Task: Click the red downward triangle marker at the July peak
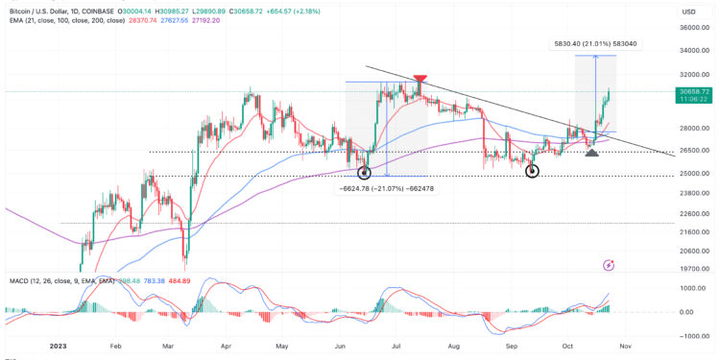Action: [420, 80]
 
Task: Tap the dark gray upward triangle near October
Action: [592, 153]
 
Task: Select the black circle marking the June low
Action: [364, 173]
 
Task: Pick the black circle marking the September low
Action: [533, 171]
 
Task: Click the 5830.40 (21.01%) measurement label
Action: [591, 43]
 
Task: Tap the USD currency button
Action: [688, 12]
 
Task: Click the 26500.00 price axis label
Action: [692, 151]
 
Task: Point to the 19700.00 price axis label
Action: [692, 270]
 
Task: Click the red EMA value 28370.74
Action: [87, 18]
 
